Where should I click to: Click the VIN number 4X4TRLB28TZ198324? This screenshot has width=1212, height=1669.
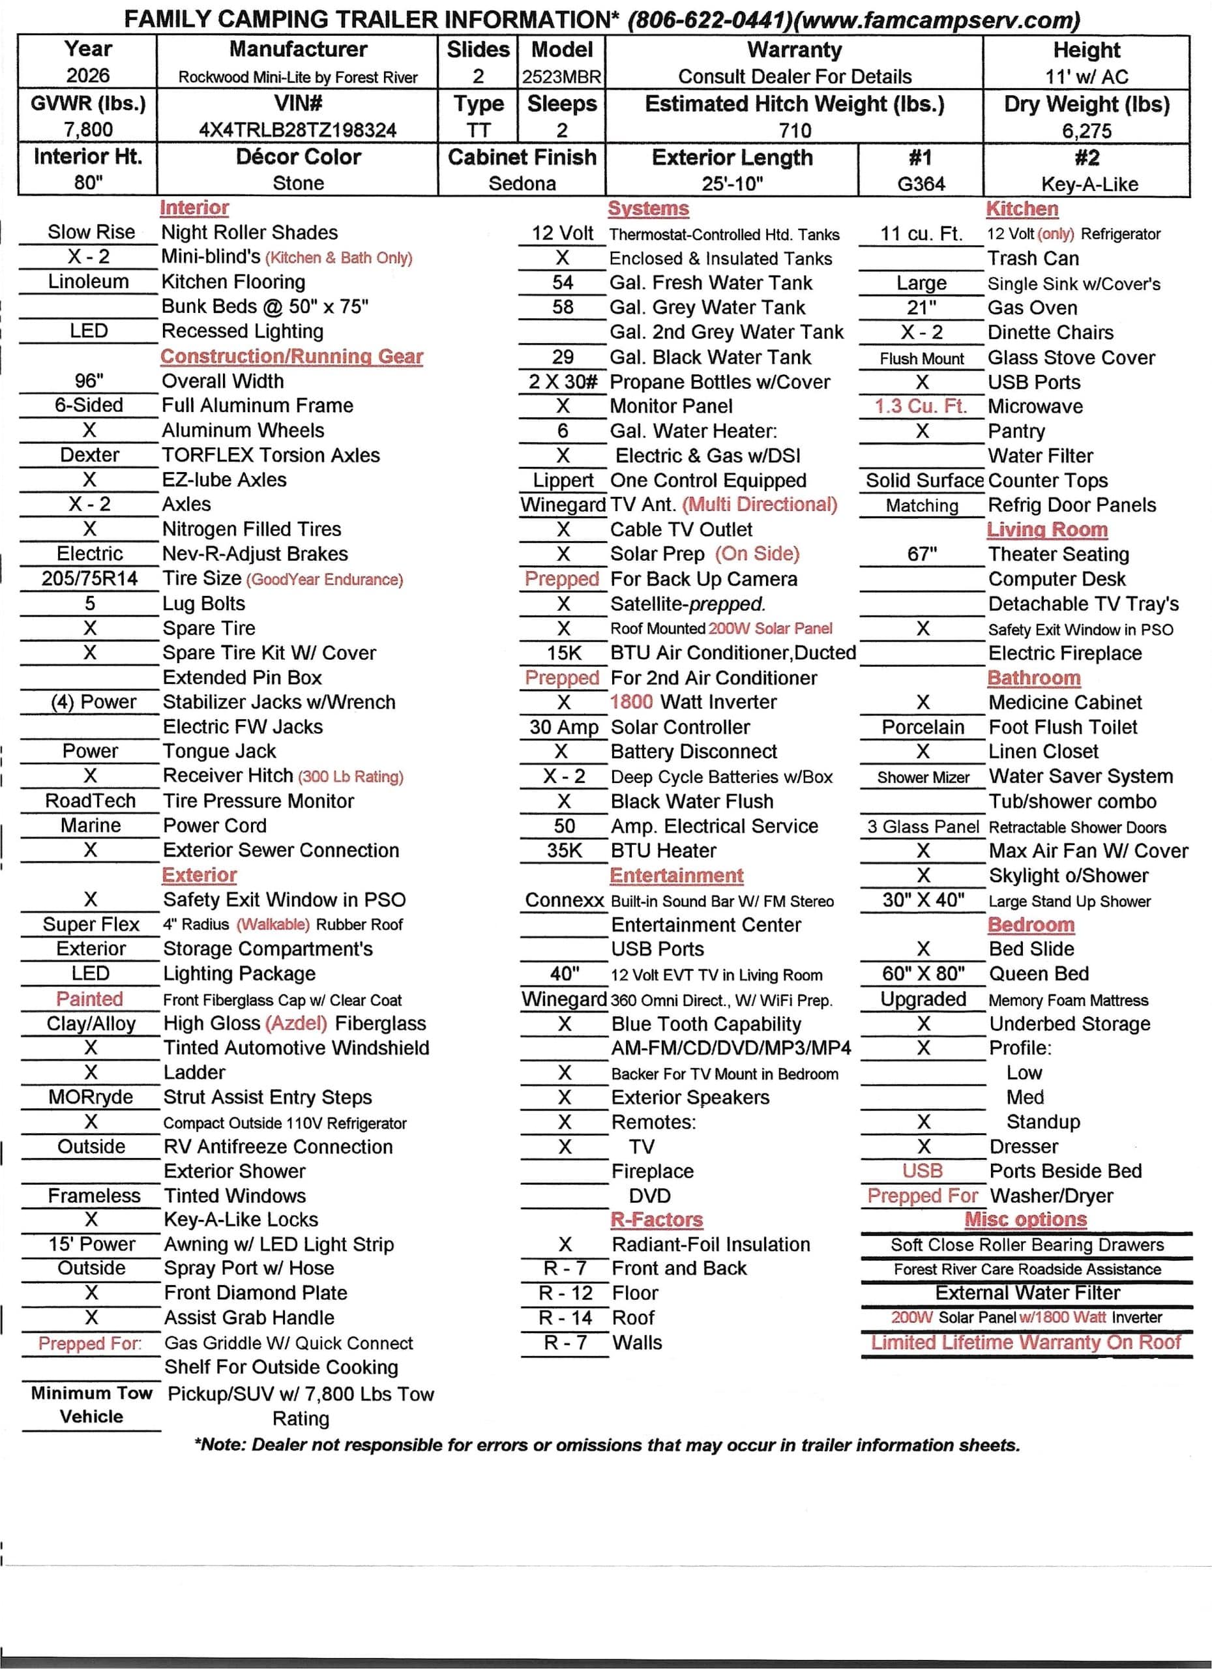click(x=297, y=130)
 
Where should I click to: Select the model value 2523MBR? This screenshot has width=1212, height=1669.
click(x=561, y=76)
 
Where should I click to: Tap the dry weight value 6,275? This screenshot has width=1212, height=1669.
click(x=1086, y=131)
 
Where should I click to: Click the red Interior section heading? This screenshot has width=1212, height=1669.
click(x=194, y=207)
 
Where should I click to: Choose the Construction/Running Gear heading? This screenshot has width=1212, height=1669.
click(x=291, y=356)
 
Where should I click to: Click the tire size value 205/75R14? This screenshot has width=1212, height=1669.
click(x=89, y=578)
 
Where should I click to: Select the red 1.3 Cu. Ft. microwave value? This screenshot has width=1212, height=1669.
click(x=921, y=406)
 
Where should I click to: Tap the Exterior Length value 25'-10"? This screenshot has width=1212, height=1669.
click(x=732, y=183)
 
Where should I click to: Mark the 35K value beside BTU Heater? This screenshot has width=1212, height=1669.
click(x=564, y=850)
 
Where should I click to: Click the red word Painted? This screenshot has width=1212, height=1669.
click(x=89, y=999)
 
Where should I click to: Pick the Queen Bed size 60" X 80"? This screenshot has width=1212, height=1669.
click(x=923, y=973)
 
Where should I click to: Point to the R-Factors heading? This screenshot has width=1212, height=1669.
click(x=657, y=1219)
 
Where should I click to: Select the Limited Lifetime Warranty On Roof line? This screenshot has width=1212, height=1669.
click(x=1026, y=1342)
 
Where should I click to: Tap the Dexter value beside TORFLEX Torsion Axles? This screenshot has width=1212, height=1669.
click(x=89, y=455)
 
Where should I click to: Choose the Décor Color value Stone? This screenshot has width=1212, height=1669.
click(x=297, y=183)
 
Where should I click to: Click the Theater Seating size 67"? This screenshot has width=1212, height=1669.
click(x=921, y=554)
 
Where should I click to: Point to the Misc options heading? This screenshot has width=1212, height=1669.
click(x=1025, y=1219)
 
